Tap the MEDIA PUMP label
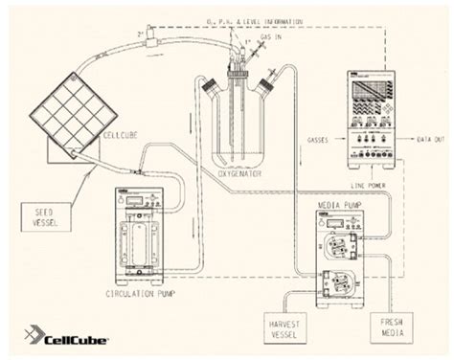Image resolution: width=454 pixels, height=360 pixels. point(345,190)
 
